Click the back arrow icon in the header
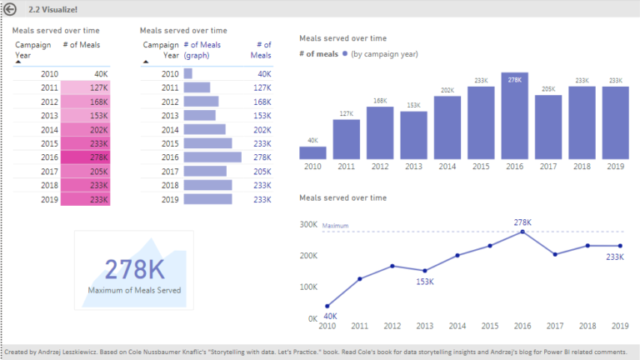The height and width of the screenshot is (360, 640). pos(10,8)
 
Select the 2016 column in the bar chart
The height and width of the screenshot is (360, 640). pos(514,117)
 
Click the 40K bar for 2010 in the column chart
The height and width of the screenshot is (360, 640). pos(312,152)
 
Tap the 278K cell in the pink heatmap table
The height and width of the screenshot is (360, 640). pos(88,157)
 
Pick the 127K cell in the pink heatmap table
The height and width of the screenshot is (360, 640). pos(88,87)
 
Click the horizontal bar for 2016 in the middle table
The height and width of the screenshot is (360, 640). pos(212,157)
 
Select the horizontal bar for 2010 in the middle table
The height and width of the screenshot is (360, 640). pos(188,73)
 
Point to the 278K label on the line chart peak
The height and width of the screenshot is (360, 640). pos(523,222)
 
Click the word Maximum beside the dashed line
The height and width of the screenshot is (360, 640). pos(335,225)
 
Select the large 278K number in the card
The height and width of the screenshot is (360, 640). pos(133,269)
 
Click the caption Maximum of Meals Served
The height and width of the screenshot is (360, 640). pos(133,290)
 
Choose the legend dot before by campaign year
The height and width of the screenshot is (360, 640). pos(345,54)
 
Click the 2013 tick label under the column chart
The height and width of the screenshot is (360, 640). pos(413,167)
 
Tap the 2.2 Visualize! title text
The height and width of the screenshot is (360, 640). pos(52,8)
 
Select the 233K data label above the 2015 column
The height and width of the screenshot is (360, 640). pos(481,81)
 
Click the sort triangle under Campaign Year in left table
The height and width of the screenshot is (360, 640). pos(19,62)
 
